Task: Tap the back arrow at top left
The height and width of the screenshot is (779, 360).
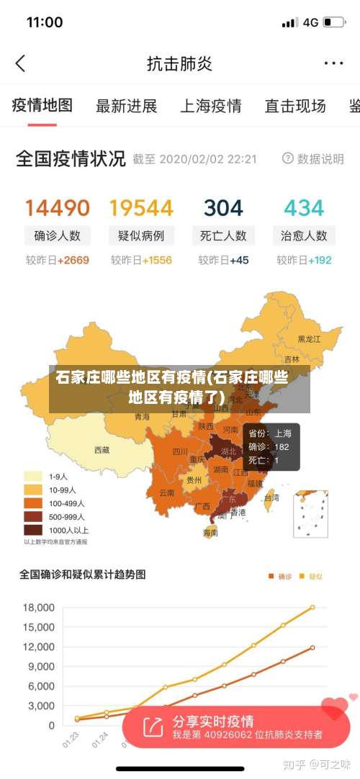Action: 20,63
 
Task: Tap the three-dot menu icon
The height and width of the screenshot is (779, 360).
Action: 333,63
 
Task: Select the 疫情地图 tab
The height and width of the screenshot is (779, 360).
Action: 42,106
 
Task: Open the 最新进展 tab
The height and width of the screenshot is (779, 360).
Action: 127,107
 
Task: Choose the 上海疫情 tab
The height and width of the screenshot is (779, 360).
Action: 210,107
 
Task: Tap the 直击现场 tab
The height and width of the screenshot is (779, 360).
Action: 295,107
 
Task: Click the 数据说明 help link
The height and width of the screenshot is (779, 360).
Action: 313,158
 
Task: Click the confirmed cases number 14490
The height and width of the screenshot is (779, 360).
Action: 58,208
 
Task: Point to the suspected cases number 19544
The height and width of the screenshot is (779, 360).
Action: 141,208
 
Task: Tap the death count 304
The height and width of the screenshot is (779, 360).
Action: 223,208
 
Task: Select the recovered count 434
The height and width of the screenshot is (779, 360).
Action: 304,208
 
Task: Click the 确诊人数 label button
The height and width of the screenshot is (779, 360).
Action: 58,235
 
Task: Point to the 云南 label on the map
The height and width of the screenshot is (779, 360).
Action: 166,493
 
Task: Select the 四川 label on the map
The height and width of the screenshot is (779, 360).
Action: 179,451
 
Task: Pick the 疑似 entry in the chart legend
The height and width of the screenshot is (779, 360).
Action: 311,576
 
